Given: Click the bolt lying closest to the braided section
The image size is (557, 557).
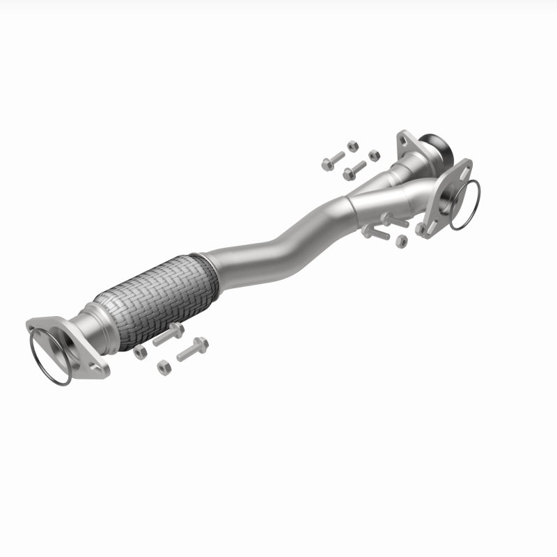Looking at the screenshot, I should click(x=167, y=334).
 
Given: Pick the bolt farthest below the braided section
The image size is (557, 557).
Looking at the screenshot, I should click(x=192, y=349).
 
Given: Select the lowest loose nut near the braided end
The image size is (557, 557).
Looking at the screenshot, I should click(x=164, y=368).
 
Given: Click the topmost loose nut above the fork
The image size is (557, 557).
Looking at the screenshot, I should click(x=352, y=146).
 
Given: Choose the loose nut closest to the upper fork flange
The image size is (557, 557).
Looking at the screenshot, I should click(x=374, y=155).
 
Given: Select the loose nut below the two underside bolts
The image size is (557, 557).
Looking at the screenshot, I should click(x=401, y=241).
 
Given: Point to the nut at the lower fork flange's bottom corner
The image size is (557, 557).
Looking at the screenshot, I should click(x=421, y=228).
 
